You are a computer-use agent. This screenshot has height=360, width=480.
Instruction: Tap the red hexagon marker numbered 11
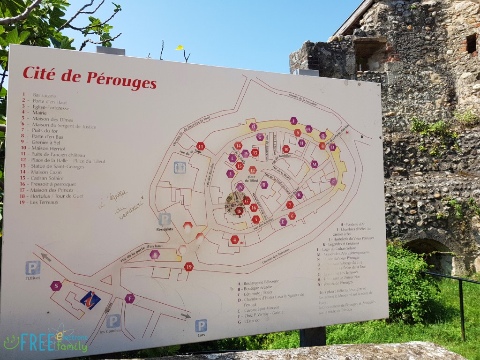(x=201, y=146)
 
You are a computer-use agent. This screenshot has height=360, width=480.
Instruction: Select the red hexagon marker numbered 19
(x=189, y=267)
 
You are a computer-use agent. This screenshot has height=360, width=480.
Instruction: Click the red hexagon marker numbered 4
(x=235, y=240)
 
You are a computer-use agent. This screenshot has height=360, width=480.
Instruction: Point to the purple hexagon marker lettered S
(x=56, y=286)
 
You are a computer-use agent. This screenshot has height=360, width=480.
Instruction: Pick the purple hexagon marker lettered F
(x=130, y=298)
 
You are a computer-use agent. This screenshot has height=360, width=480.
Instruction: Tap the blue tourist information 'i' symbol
(x=90, y=300)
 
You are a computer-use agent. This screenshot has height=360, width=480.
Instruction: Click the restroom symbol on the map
(x=180, y=167)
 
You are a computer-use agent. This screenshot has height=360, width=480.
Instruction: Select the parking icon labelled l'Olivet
(x=33, y=268)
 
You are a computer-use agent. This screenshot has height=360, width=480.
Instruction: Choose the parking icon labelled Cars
(x=201, y=325)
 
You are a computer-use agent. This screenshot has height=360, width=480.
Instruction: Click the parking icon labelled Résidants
(x=165, y=219)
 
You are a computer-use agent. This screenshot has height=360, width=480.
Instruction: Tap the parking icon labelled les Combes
(x=113, y=321)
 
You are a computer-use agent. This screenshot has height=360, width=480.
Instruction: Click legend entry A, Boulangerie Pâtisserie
(x=258, y=282)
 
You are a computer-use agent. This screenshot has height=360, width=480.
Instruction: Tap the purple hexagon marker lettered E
(x=283, y=222)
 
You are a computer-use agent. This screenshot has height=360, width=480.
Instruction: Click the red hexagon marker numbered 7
(x=290, y=205)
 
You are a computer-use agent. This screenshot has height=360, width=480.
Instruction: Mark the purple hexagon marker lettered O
(x=253, y=126)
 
